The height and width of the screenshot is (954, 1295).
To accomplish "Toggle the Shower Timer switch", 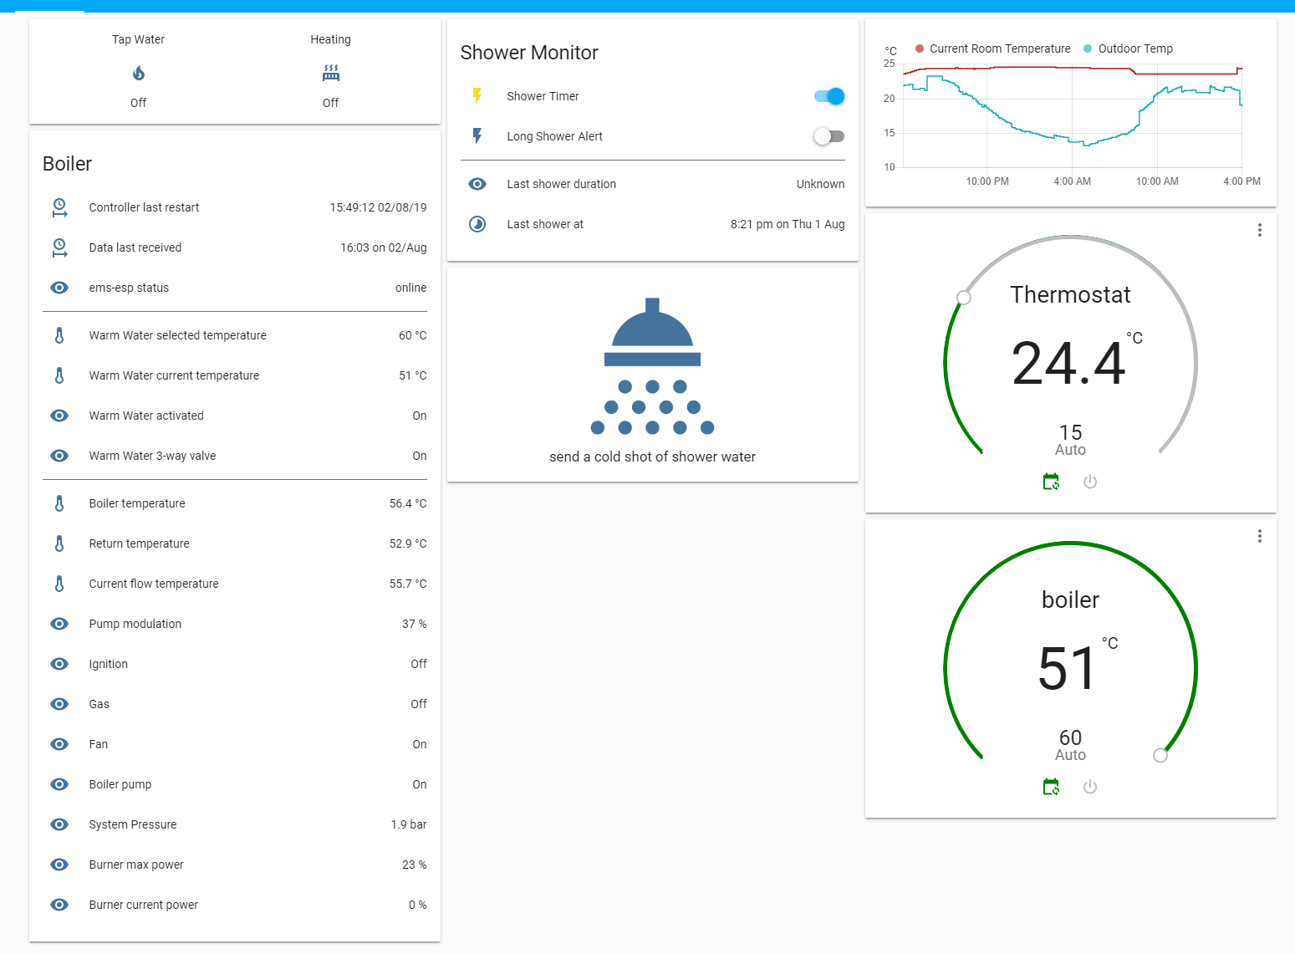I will [x=829, y=96].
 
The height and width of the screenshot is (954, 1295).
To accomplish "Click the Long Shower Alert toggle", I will [x=829, y=136].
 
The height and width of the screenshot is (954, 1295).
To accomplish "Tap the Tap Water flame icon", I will [x=139, y=74].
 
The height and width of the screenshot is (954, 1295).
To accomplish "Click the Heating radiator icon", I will [x=331, y=74].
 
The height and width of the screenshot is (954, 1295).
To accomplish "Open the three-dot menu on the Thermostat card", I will [x=1259, y=230].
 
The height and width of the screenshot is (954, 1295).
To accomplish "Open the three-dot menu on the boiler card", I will [x=1259, y=536].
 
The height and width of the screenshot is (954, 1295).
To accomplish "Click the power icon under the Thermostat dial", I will [x=1090, y=482].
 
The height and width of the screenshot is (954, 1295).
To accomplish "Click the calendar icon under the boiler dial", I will [x=1052, y=787].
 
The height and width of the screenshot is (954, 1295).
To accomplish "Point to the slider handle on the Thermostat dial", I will [x=964, y=298].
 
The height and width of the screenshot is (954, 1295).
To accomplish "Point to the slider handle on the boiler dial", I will [x=1160, y=756].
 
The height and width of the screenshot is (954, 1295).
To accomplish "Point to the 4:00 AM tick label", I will [x=1072, y=181].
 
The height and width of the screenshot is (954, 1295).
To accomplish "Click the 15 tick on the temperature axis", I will [x=890, y=133].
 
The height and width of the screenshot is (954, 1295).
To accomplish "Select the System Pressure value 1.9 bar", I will [x=408, y=824].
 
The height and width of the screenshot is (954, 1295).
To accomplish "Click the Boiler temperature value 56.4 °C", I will [x=407, y=503].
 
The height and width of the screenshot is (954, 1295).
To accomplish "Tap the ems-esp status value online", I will [x=410, y=288].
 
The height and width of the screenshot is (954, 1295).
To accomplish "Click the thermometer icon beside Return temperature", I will [x=59, y=543].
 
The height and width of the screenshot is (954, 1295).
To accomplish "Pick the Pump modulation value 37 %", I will [x=414, y=624].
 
